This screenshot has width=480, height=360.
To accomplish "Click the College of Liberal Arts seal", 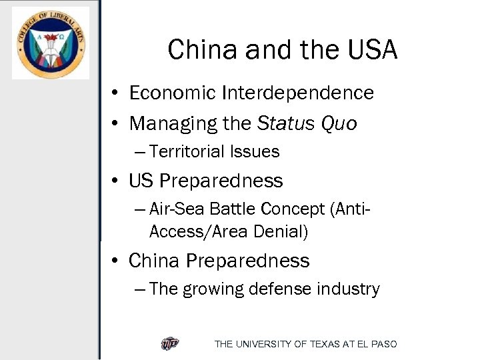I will tap(50, 43).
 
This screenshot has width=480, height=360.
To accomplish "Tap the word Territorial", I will tap(187, 152).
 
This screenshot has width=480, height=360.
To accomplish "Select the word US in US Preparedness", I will tap(141, 181).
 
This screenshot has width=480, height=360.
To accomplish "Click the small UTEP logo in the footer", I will tap(170, 344).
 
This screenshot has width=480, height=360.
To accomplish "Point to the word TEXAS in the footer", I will tap(324, 344).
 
